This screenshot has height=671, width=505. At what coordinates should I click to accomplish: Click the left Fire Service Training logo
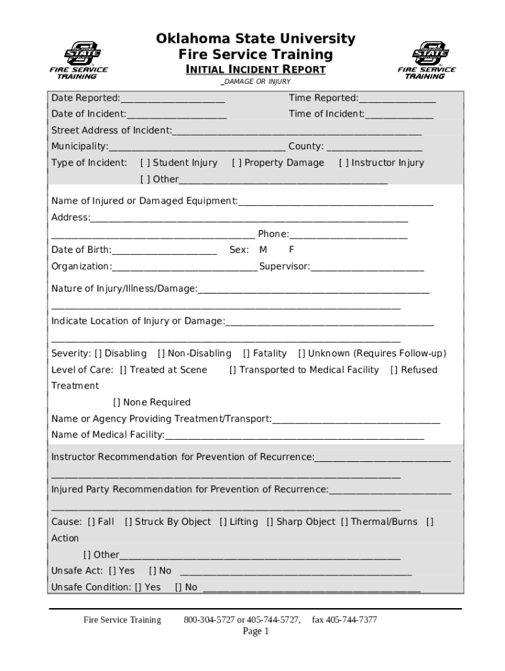pos(78,59)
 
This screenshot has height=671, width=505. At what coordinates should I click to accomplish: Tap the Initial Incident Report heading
pos(256,69)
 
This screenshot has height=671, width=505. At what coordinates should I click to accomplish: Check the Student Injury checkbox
pos(145,163)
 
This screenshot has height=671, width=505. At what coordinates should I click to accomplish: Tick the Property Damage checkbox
pos(237,163)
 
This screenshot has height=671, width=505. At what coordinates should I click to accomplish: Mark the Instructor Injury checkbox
pos(344,163)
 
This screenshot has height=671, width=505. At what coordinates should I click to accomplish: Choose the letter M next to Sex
pos(263,250)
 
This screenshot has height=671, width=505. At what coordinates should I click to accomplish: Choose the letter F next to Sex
pos(291,250)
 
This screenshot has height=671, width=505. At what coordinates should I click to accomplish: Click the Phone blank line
pos(348,236)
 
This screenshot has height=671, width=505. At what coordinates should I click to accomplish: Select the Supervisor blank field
pos(367,268)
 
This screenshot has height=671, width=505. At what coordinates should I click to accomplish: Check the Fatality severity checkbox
pos(247,354)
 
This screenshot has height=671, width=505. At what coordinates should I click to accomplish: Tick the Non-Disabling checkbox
pos(161,354)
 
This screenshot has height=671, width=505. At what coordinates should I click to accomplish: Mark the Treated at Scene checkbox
pos(123,370)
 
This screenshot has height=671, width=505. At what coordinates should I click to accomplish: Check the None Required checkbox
pos(117,402)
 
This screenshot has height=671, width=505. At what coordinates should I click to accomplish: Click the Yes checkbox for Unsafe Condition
pos(138,587)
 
